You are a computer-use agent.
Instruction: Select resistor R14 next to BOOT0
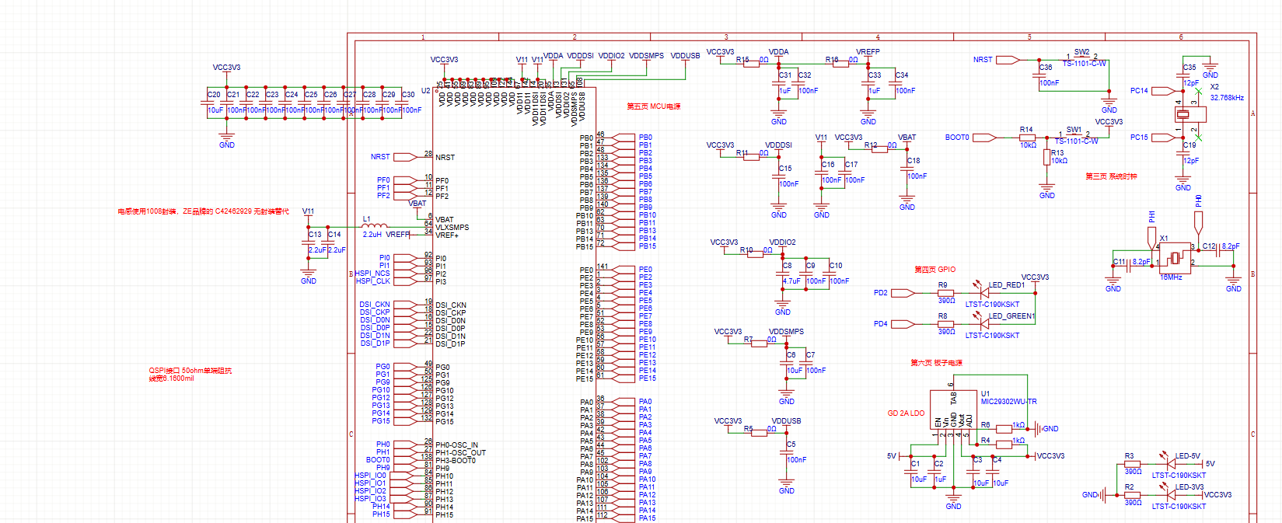(1027, 138)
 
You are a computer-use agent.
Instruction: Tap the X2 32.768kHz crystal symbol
(1190, 114)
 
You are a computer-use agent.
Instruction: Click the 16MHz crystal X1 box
(1174, 257)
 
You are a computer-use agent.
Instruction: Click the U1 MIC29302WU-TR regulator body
(953, 410)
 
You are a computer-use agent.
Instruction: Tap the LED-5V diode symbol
(1164, 464)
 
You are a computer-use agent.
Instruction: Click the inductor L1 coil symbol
(375, 226)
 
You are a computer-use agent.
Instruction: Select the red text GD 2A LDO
(906, 413)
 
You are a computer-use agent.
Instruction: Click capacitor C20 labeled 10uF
(208, 103)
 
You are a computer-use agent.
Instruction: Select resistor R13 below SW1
(1046, 158)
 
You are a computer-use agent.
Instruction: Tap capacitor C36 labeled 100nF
(1040, 75)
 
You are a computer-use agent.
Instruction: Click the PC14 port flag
(1163, 91)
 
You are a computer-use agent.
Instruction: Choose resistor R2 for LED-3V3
(1133, 495)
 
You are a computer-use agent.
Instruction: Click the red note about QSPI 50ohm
(190, 375)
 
